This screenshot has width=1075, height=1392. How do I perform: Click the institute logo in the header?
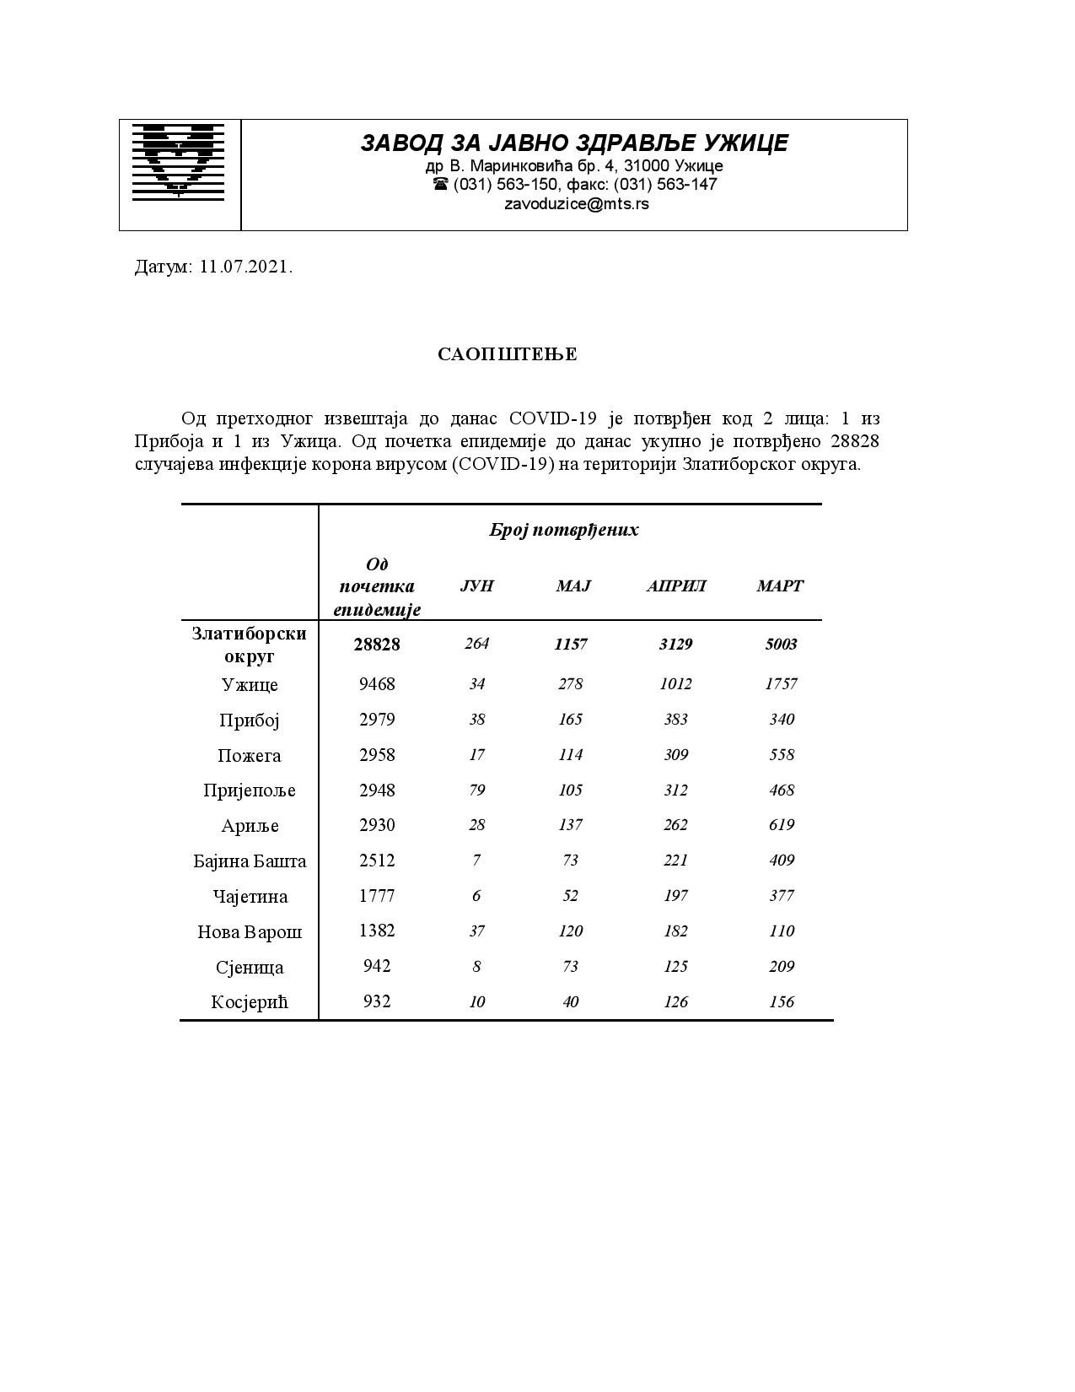tap(179, 161)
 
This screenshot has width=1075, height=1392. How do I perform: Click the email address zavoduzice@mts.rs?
tap(577, 203)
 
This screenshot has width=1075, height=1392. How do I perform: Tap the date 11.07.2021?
tap(246, 267)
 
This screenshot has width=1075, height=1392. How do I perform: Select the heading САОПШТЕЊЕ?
tap(508, 354)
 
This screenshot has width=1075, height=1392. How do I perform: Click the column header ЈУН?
tap(476, 586)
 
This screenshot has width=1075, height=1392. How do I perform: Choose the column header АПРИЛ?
tap(675, 586)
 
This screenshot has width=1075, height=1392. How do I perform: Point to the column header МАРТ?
tap(780, 586)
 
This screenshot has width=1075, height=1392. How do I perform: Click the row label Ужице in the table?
tap(250, 684)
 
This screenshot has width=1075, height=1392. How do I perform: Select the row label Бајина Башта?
tap(250, 861)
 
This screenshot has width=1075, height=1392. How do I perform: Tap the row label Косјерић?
tap(250, 1002)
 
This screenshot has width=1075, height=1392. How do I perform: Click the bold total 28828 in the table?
tap(377, 645)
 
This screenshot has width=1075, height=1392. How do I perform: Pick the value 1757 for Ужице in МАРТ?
tap(781, 684)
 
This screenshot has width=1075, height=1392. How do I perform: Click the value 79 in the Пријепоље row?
tap(476, 790)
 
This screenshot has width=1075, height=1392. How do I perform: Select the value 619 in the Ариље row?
tap(781, 825)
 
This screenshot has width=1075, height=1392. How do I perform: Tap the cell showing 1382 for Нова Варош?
tap(377, 931)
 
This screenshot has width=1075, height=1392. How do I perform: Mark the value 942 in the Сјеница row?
tap(377, 967)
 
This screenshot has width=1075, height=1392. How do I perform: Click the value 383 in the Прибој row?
tap(675, 720)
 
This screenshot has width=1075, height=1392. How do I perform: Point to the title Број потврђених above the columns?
tap(564, 530)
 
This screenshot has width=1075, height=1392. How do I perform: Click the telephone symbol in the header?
tap(440, 184)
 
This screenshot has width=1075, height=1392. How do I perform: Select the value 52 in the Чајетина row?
tap(570, 896)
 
